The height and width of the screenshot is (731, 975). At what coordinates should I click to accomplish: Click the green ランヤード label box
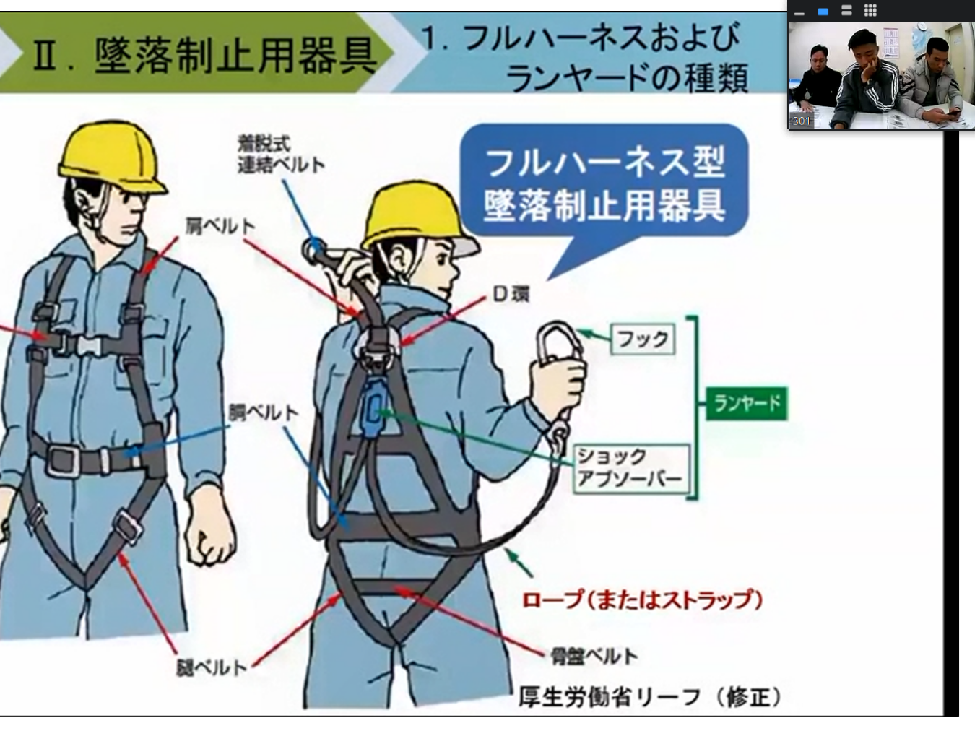pos(747,403)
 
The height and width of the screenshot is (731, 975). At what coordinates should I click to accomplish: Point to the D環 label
pos(511,294)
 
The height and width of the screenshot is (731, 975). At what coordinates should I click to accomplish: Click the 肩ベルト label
pos(220,227)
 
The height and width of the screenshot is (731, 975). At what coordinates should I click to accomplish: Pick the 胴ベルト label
pos(263,412)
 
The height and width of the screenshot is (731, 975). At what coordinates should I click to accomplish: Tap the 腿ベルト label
pos(212,667)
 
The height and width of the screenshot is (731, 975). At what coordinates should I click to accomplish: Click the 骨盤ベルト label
pos(594,656)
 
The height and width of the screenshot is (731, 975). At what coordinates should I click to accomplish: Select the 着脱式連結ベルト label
pos(280,155)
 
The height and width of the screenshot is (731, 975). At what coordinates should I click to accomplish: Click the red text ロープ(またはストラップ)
pos(641,600)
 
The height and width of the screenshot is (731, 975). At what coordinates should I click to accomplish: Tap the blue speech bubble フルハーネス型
pos(604,183)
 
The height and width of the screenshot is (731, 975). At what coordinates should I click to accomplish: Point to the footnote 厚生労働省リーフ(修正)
pos(650,697)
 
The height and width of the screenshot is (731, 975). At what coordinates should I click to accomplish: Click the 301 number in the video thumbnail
pos(801,121)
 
